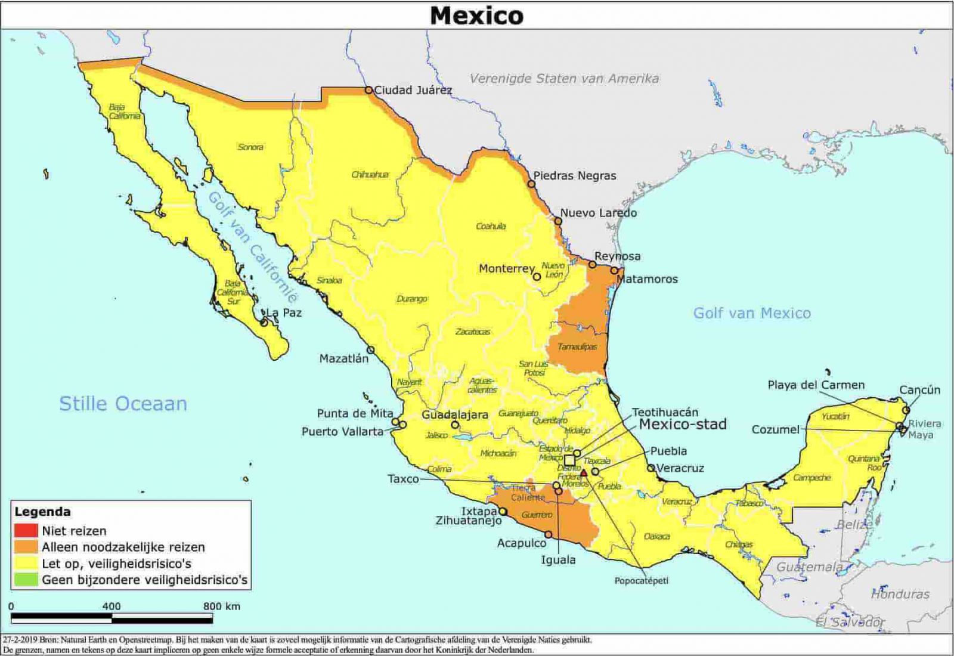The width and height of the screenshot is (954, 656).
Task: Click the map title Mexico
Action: coord(476,15)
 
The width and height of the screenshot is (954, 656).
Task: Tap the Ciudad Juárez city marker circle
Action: coord(368,90)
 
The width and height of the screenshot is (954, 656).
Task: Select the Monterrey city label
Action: coord(506,269)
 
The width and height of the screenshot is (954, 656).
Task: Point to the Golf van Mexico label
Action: coord(751,313)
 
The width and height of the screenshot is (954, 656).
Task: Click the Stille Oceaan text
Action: coord(123,404)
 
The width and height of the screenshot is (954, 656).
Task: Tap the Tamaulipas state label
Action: coord(577,346)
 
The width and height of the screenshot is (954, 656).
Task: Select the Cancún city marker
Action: coord(906,410)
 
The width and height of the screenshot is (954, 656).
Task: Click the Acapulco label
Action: coord(521,543)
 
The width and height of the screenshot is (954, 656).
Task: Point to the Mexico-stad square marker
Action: coord(569,460)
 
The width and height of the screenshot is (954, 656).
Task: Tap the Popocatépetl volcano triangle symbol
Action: coord(584,472)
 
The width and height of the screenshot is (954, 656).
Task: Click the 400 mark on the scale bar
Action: coord(111,607)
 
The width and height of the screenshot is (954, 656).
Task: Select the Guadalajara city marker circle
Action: coord(455,425)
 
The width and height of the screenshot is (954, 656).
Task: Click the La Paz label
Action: coord(284,312)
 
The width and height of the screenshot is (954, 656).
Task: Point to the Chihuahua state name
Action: coord(370,175)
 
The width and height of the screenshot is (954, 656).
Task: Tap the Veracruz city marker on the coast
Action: coord(651,468)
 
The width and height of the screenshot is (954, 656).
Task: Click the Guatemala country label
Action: coord(809,567)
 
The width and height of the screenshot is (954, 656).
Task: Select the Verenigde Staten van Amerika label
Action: coord(564,78)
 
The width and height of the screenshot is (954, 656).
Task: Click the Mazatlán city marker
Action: coord(370,350)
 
